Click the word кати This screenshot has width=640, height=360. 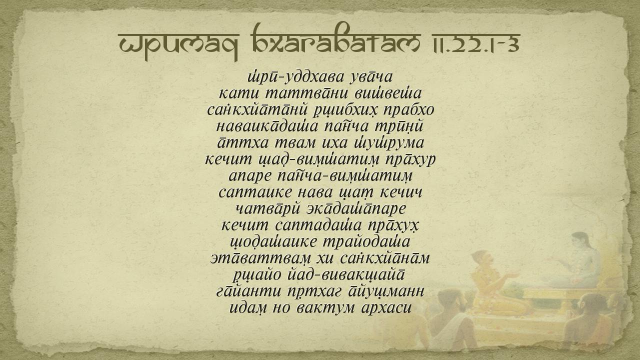coord(239,93)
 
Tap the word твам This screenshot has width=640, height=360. coord(295,143)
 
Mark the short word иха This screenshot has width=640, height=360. coord(335,143)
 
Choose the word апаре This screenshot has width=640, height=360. coord(249,176)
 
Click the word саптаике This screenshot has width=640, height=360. coord(255,192)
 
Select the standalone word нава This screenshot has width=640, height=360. coord(315,192)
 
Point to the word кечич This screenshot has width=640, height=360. coord(401,192)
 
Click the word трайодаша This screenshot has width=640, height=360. coord(366,242)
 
